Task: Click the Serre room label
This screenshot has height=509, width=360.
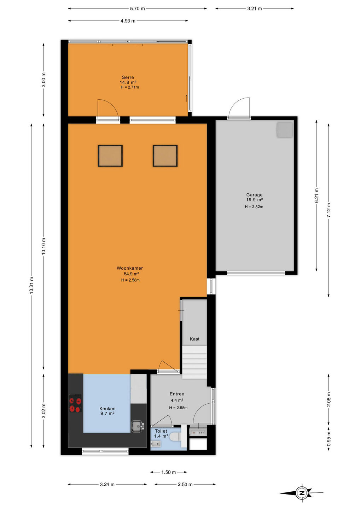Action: click(x=128, y=77)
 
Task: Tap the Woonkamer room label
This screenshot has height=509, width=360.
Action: click(x=130, y=268)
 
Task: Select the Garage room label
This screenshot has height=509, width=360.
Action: click(x=254, y=195)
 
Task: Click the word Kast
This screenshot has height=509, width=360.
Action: click(x=194, y=339)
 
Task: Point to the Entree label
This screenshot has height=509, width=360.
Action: click(x=177, y=394)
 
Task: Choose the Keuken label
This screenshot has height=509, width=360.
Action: click(x=107, y=409)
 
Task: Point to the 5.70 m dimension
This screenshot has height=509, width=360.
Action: click(x=137, y=8)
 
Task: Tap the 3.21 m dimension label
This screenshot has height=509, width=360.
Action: click(x=255, y=8)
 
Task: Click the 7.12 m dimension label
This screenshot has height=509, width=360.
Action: click(x=329, y=210)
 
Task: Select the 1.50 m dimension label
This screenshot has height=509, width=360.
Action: click(x=169, y=472)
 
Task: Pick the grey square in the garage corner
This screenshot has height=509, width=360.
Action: click(x=285, y=129)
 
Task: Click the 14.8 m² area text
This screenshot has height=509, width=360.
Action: click(x=128, y=82)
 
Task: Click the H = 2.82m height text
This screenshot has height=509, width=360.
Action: click(x=254, y=206)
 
